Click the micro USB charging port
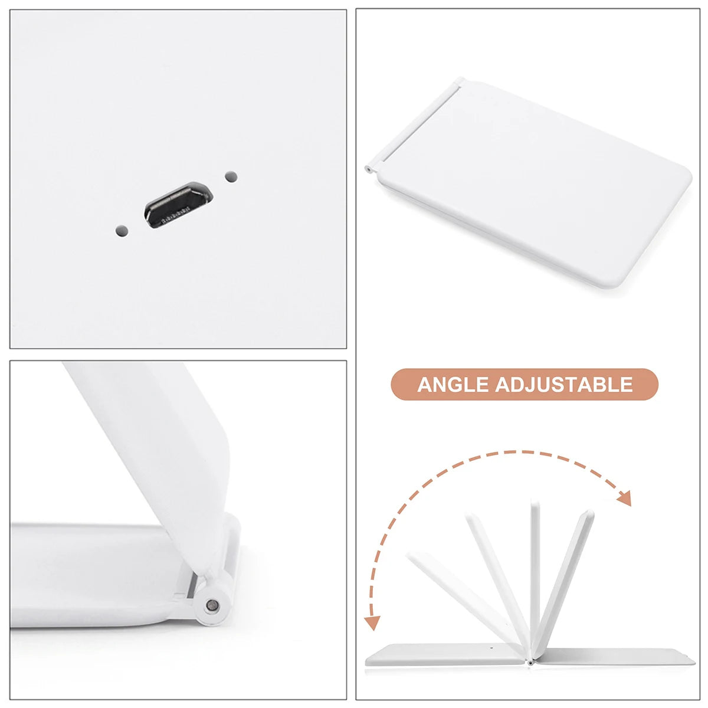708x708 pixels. (178, 206)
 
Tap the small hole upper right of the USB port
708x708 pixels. (231, 176)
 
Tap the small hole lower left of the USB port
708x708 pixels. (122, 230)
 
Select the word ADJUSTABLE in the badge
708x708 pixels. (563, 385)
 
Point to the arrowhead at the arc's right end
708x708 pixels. (624, 499)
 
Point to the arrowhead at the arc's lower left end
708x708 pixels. (372, 622)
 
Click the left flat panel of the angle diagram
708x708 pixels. (442, 654)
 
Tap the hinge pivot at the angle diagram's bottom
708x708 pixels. (530, 662)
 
